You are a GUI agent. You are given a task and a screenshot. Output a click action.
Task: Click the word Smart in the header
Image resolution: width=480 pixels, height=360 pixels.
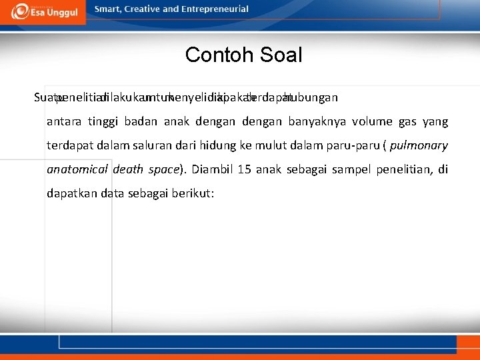[108, 9]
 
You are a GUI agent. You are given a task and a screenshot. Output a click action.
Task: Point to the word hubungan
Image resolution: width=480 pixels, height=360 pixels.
[311, 97]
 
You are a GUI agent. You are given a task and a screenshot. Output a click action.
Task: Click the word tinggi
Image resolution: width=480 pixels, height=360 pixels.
[103, 121]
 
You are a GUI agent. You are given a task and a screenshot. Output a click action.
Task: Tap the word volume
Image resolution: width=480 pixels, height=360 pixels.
[373, 121]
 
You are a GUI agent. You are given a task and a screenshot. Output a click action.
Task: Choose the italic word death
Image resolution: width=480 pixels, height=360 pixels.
[128, 169]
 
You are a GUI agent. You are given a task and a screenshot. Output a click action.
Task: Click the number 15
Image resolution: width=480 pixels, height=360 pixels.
[244, 169]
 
